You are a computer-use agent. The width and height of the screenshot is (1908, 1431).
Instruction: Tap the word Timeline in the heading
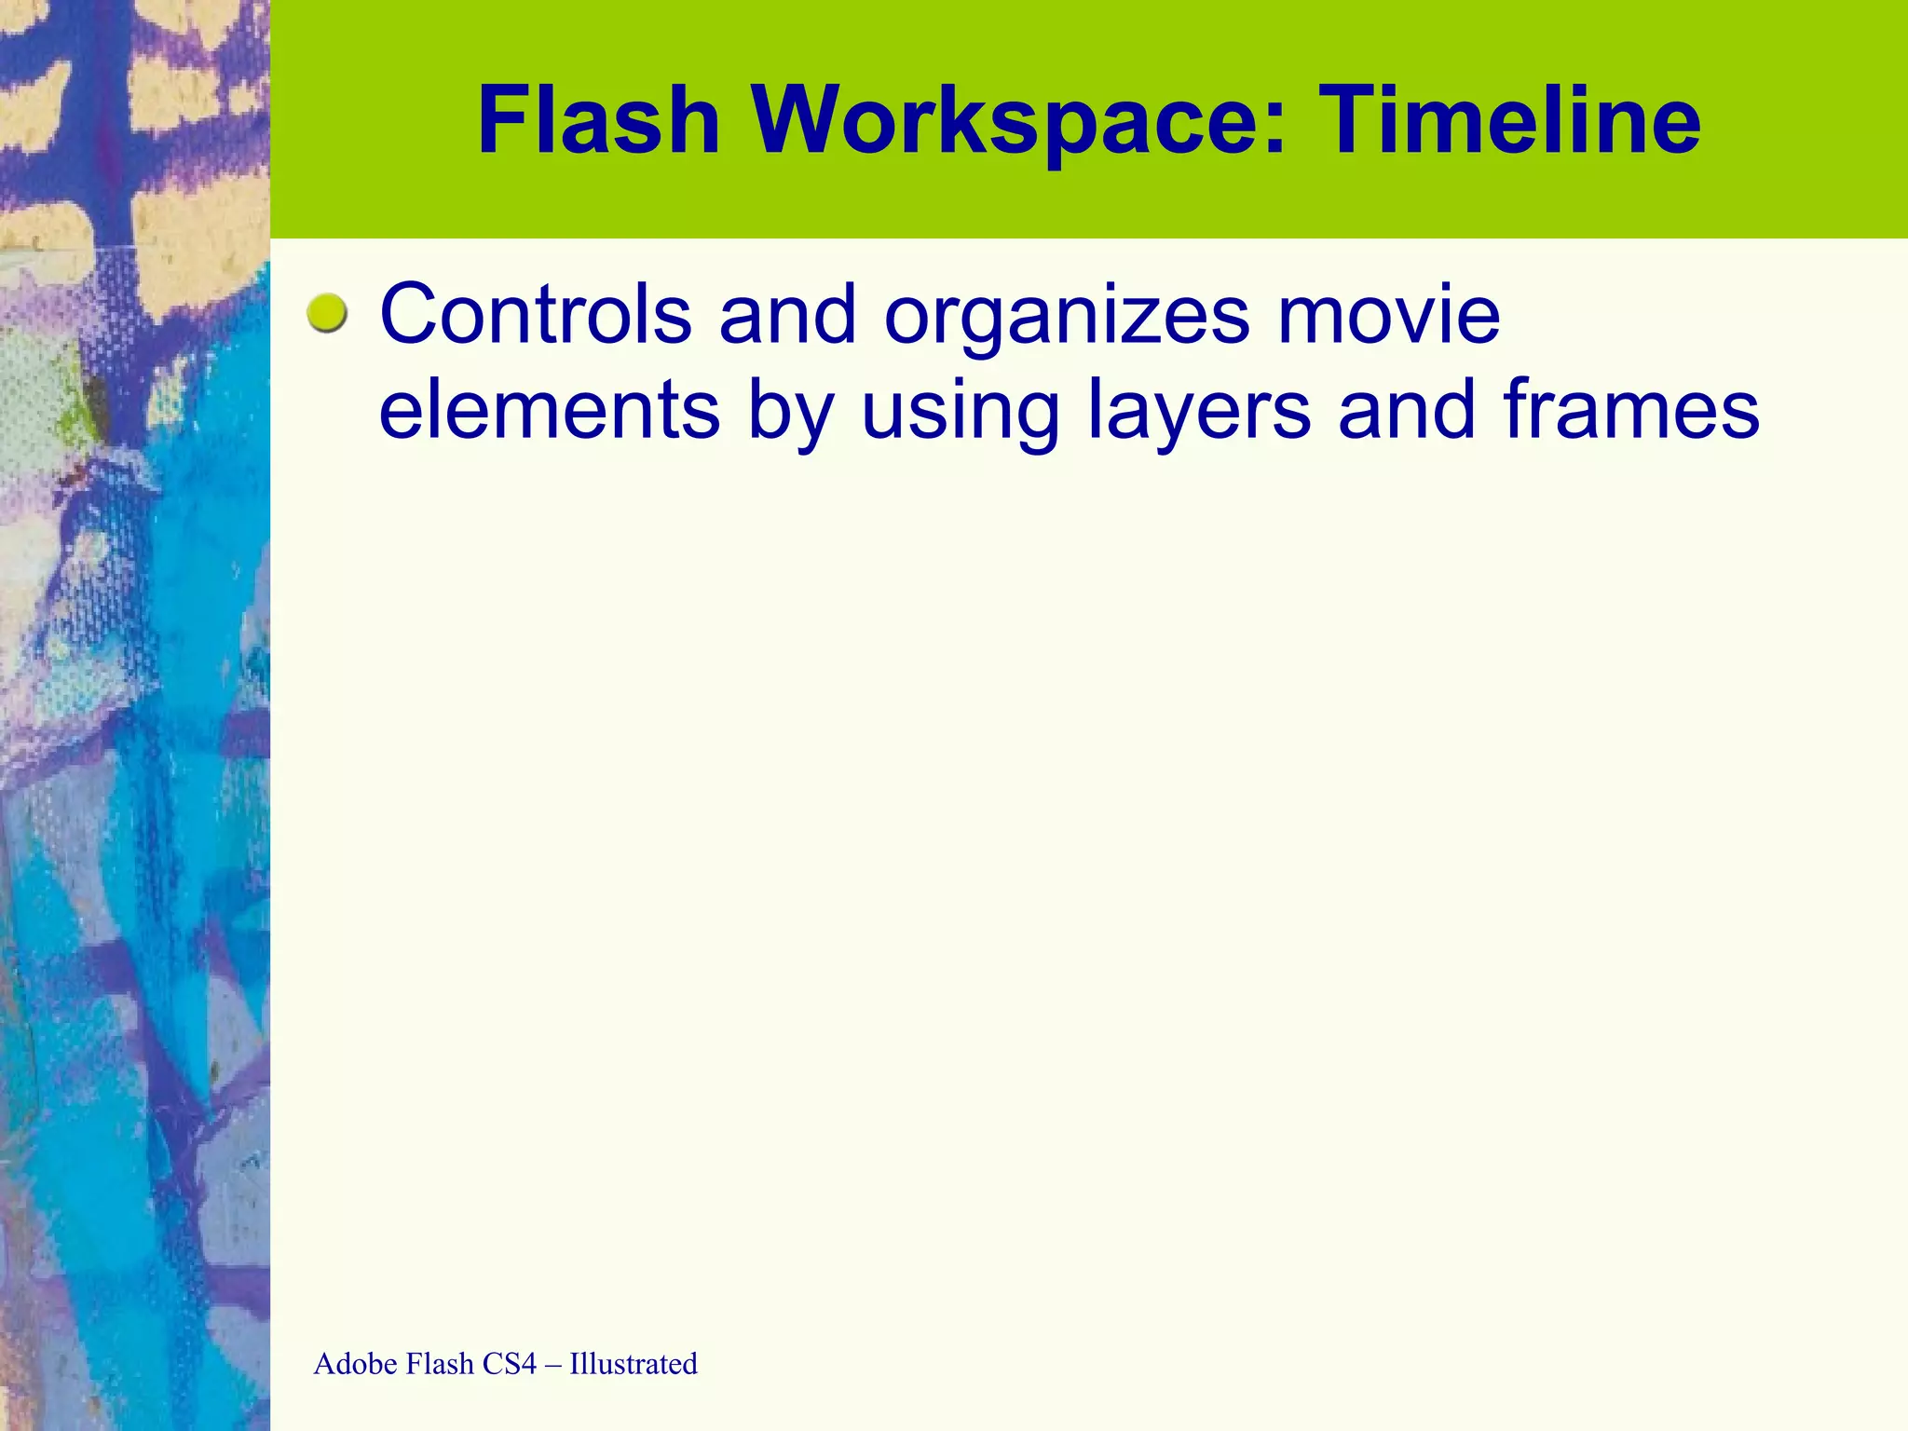[x=1513, y=121]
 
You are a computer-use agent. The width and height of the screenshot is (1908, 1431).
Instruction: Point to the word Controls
[x=536, y=315]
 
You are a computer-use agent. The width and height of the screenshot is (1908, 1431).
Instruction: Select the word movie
[x=1388, y=315]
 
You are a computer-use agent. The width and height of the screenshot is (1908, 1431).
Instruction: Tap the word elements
[x=549, y=410]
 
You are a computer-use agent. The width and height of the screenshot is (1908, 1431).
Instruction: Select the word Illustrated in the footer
[x=634, y=1364]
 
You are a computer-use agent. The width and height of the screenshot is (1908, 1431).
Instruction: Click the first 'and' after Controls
[x=787, y=315]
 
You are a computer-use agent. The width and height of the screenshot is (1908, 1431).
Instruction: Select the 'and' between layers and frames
[x=1407, y=410]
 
